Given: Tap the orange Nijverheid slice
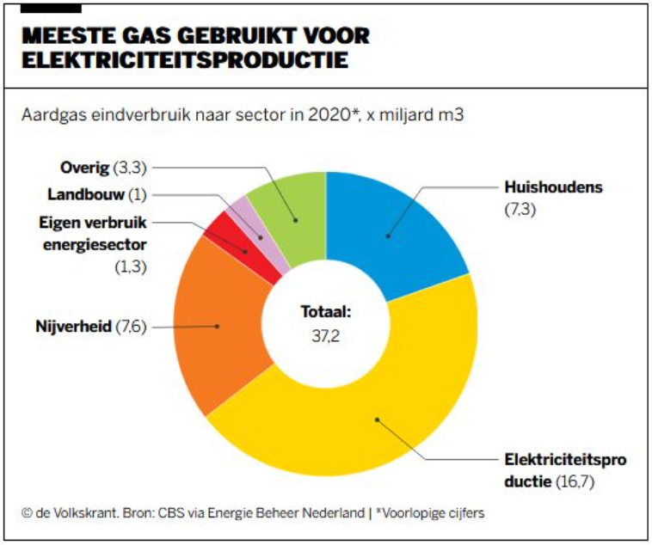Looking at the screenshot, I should point(215,327).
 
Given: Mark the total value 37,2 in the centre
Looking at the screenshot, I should point(325,334).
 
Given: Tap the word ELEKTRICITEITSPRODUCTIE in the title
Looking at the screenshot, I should point(185,61).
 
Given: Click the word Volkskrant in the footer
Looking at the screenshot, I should point(81,513).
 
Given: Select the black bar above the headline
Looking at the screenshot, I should point(51,9).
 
